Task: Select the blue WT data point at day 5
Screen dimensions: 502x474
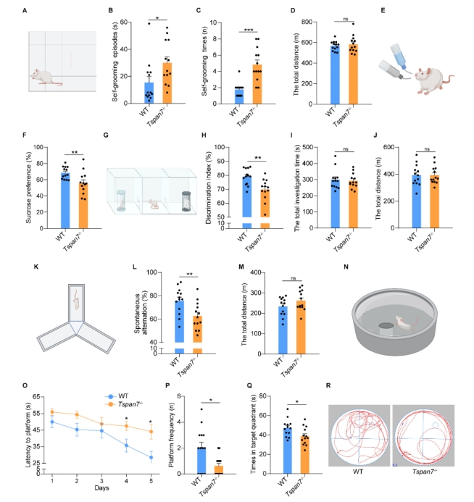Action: (151, 457)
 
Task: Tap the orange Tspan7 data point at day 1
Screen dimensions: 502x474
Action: (52, 411)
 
